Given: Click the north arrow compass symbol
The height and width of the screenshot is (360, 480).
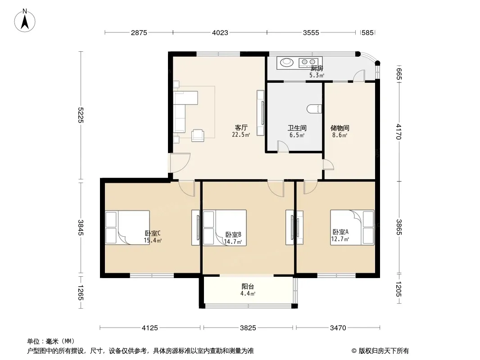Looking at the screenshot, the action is click(x=25, y=21).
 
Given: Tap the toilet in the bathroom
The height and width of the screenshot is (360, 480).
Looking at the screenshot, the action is click(x=314, y=109).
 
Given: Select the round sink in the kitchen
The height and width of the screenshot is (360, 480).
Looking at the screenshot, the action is click(x=287, y=62).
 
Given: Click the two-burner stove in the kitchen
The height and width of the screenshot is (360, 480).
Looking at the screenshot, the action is click(x=308, y=63).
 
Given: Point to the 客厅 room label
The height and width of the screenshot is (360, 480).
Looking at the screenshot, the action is click(x=241, y=127).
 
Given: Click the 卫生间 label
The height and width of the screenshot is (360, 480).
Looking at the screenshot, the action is click(x=297, y=128).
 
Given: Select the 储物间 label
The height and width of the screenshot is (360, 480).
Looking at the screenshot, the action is click(x=340, y=128).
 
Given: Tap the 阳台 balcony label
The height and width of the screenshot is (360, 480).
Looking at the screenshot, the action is click(x=248, y=287).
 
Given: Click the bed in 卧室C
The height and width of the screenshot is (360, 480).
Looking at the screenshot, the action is click(x=127, y=227).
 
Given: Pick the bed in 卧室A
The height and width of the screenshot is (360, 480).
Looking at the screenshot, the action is click(x=352, y=227).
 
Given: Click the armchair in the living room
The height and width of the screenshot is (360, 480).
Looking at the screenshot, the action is click(x=198, y=135).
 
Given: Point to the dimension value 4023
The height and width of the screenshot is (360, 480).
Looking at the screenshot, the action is click(x=220, y=33).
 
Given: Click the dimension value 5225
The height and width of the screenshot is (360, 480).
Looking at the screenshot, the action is click(x=81, y=115).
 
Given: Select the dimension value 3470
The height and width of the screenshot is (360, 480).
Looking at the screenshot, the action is click(x=338, y=328).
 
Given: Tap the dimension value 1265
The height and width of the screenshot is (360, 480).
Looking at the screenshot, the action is click(x=81, y=292).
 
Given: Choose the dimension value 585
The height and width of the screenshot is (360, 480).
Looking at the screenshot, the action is click(x=367, y=33).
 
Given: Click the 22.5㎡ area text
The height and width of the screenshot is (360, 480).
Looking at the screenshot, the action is click(x=241, y=135).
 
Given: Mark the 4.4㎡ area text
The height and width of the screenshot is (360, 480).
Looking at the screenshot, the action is click(x=248, y=294).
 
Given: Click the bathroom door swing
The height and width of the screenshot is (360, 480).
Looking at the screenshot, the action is click(x=283, y=146).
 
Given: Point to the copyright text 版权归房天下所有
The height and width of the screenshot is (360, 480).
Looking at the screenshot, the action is click(x=384, y=351).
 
